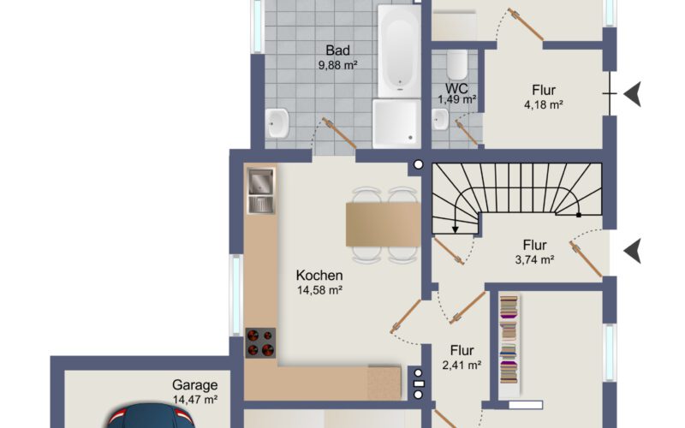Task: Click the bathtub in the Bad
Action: [399, 51]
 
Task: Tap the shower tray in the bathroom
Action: [396, 123]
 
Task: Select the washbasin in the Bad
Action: [277, 123]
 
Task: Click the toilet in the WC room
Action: [457, 65]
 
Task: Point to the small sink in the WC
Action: [440, 119]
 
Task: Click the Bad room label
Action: [337, 51]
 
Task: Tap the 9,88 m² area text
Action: [337, 66]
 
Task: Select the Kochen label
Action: [319, 275]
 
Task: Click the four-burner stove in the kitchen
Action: [260, 343]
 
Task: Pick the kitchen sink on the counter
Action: [261, 191]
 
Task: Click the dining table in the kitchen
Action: [383, 224]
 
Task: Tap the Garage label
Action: [195, 384]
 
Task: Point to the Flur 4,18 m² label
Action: [544, 97]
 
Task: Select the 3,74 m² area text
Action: [534, 260]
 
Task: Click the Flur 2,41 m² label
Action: [462, 357]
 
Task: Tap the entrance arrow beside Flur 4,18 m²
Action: [633, 94]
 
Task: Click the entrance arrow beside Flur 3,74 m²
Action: [633, 251]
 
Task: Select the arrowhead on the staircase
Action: [456, 229]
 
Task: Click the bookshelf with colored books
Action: [509, 340]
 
